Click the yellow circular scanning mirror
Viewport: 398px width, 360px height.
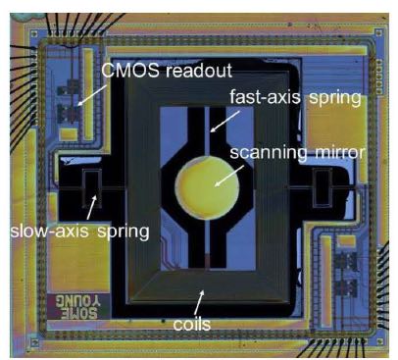coord(208,187)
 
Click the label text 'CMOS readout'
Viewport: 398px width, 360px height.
coord(167,70)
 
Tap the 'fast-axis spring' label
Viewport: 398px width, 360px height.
coord(295,97)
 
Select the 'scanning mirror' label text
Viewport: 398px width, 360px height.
coord(297,153)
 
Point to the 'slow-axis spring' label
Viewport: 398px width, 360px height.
coord(79,231)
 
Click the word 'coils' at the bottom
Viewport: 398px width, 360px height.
coord(192,324)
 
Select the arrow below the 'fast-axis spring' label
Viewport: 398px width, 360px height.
coord(224,122)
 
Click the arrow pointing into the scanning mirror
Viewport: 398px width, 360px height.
coord(229,176)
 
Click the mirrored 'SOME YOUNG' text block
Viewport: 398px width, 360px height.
coord(76,307)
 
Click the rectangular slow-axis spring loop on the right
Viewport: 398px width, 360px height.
coord(323,187)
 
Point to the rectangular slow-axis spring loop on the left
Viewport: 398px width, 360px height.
coord(91,188)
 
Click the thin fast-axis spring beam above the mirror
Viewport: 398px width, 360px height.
coord(207,131)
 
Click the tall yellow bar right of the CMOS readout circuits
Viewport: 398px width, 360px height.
coord(88,94)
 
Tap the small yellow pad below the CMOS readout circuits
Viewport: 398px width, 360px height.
coord(69,134)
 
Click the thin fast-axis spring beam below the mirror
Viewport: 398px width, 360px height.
coord(207,243)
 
